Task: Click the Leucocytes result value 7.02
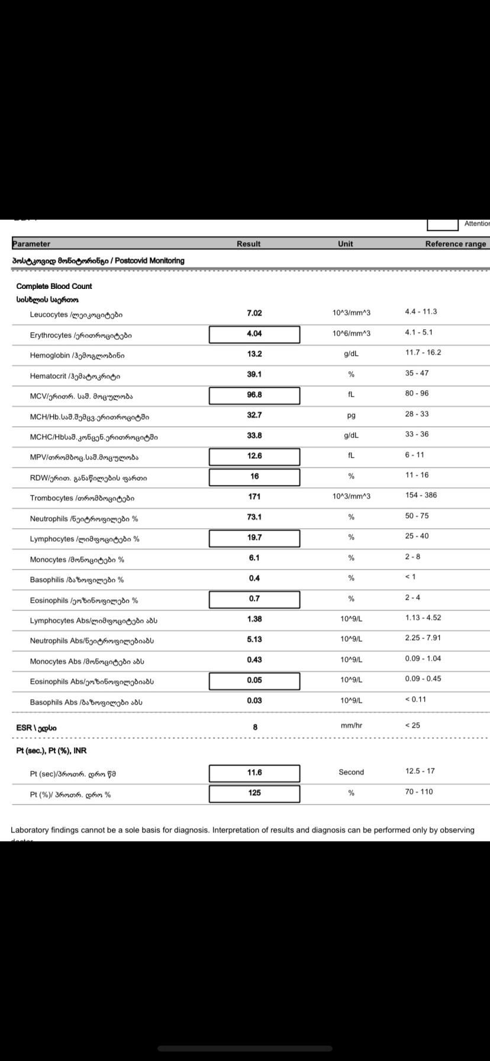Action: click(x=254, y=313)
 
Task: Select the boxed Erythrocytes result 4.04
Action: click(x=254, y=334)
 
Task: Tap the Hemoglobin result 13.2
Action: click(x=254, y=354)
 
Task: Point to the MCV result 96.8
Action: click(x=254, y=395)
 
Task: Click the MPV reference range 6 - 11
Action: click(x=414, y=455)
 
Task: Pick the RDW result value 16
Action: click(x=254, y=477)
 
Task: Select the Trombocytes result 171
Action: click(x=254, y=497)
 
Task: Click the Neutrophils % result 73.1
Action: click(x=254, y=517)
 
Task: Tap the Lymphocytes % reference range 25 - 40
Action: click(x=417, y=536)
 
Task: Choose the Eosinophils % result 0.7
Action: click(x=254, y=599)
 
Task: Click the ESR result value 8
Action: click(x=255, y=728)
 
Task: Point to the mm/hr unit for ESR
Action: click(x=352, y=725)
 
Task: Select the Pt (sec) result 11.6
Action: click(x=254, y=773)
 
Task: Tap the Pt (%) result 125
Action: click(x=254, y=793)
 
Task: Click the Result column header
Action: click(x=249, y=244)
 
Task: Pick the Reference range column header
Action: click(x=455, y=244)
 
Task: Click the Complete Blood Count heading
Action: click(x=54, y=287)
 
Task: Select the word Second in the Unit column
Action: click(x=351, y=772)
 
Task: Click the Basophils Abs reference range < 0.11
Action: click(x=415, y=699)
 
